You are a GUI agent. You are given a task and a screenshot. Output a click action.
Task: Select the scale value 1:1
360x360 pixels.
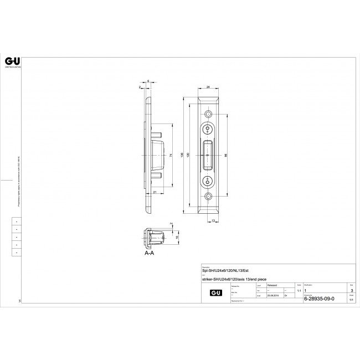(x=299, y=291)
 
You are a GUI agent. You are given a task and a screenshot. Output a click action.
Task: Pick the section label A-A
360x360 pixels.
(x=148, y=251)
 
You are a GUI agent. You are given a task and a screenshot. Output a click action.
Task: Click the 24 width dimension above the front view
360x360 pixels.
(x=208, y=87)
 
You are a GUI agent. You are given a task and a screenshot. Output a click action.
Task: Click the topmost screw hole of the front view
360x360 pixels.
(x=208, y=114)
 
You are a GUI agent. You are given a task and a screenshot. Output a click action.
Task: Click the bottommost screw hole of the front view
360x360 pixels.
(x=208, y=197)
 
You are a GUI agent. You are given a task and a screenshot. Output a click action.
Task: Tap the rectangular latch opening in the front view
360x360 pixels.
(x=208, y=155)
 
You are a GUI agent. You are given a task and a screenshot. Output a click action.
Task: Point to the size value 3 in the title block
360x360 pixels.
(x=350, y=290)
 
